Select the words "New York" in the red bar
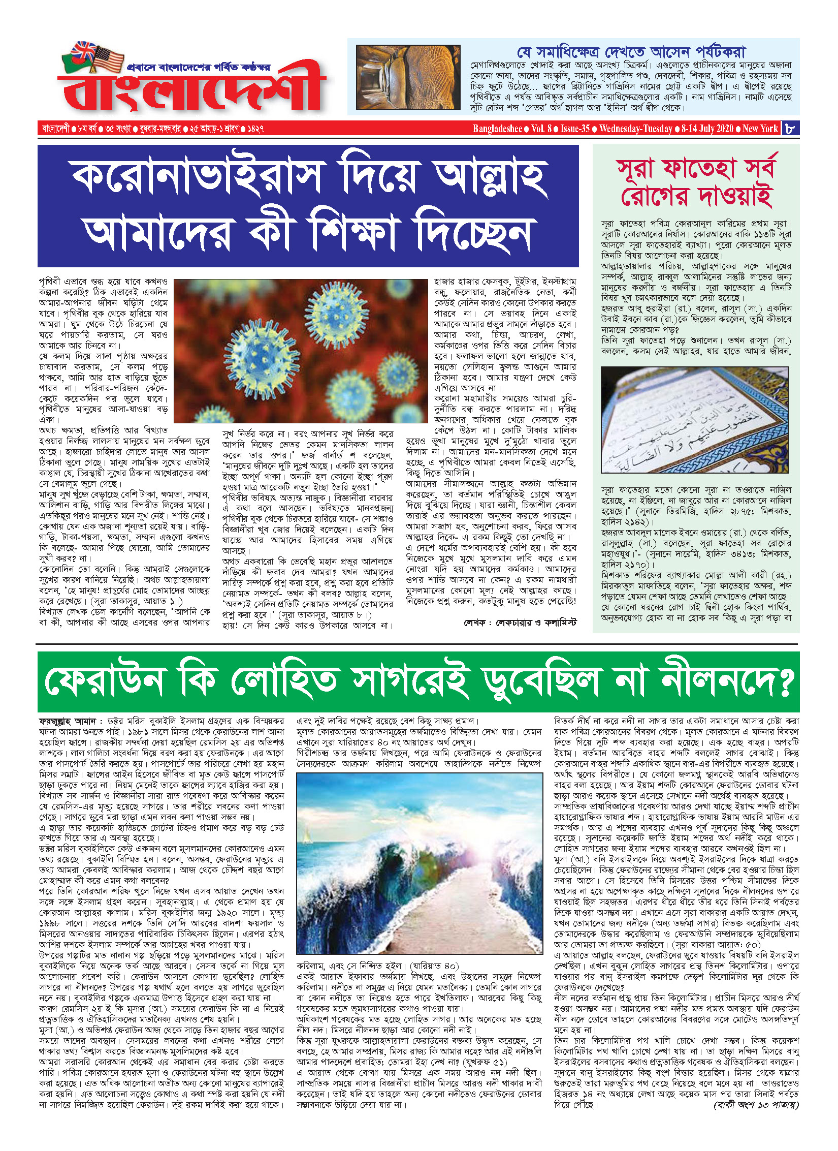pos(760,129)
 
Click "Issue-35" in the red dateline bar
pos(575,129)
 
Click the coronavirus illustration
pos(301,351)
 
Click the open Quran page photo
pos(694,420)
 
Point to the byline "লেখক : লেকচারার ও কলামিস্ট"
pos(520,623)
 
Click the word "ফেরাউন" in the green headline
pos(106,681)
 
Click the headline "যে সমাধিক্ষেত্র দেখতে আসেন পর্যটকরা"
pos(631,52)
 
